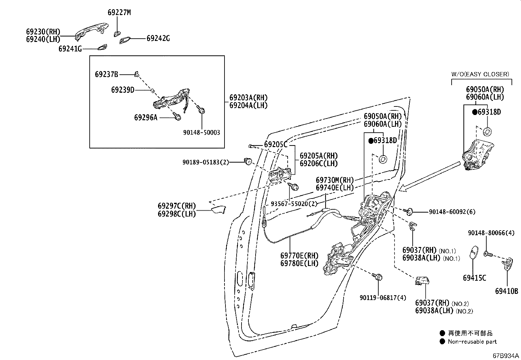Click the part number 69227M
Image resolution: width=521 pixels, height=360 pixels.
(119, 12)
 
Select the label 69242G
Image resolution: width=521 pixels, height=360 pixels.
(158, 38)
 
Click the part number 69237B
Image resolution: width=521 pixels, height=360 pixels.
(106, 74)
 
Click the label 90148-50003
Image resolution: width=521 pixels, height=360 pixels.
(202, 132)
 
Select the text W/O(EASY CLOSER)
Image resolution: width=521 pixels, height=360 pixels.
(480, 74)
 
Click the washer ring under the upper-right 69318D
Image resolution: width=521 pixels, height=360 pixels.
(487, 132)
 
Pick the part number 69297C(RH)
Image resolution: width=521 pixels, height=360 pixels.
(177, 206)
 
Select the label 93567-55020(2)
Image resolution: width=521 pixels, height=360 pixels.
(294, 203)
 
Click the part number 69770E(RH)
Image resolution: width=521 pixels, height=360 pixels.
(299, 256)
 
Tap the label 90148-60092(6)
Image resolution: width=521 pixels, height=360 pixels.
(452, 212)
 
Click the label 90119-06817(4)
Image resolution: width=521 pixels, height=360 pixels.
(383, 297)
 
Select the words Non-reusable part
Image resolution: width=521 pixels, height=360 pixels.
(472, 341)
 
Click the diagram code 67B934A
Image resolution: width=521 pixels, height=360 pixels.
(506, 356)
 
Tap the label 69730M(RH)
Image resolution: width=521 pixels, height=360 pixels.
(335, 180)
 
